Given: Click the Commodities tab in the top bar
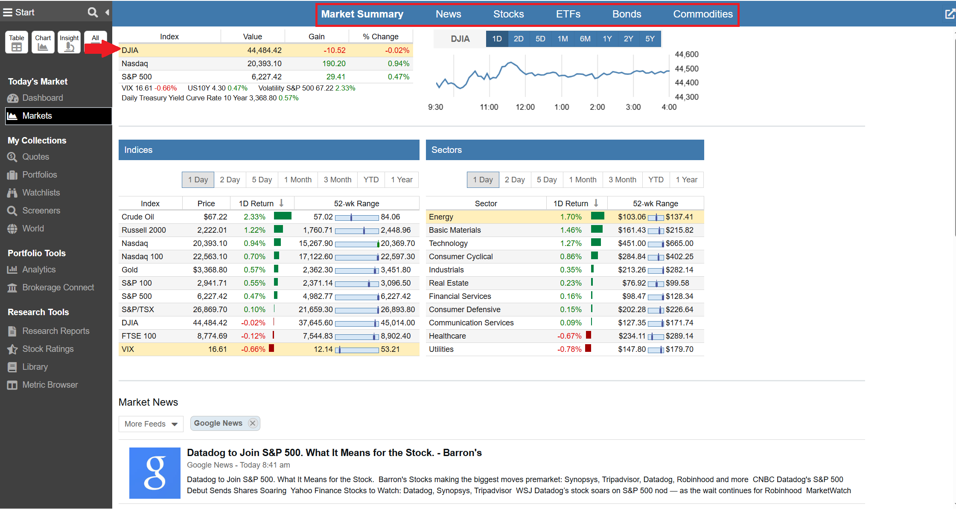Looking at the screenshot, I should (702, 14).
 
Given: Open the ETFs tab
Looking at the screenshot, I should (568, 14).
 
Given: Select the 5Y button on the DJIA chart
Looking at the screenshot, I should (650, 39).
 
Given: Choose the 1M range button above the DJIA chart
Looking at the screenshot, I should (563, 39).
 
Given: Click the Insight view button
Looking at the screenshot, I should (69, 42).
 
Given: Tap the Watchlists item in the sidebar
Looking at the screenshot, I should (41, 193).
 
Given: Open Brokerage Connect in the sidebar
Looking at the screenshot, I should (58, 287).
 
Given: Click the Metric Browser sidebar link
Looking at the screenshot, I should (50, 385).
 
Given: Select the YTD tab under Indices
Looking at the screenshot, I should (371, 180).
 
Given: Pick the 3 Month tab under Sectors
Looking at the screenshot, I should (622, 180).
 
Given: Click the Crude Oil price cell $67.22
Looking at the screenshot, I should (215, 217).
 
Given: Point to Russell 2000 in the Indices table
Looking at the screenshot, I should (144, 230).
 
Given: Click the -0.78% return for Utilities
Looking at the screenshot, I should (569, 349).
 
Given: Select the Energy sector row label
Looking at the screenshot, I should (441, 217).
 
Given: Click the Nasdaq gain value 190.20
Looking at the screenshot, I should (334, 64).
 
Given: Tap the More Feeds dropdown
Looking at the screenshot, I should (151, 424).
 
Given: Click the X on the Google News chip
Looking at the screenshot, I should (253, 423).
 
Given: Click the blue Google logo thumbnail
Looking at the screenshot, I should (154, 473).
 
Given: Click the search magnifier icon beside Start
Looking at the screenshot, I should (93, 12).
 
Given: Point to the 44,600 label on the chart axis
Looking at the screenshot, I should (686, 54).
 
